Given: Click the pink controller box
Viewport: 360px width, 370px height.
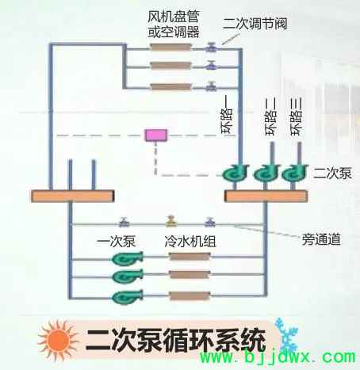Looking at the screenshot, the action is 156,135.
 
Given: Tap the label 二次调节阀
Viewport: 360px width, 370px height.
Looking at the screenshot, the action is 255,24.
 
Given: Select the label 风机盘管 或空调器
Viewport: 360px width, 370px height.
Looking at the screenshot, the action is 173,25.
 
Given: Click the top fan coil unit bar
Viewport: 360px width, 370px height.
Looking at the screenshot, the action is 170,48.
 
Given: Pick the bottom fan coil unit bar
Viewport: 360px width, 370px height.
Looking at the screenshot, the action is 170,87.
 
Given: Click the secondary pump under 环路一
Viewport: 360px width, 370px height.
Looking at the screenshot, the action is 236,173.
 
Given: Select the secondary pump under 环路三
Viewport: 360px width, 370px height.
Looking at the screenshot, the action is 295,173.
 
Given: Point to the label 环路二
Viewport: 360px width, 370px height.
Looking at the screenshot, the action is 271,116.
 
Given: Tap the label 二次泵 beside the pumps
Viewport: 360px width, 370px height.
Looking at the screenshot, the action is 332,174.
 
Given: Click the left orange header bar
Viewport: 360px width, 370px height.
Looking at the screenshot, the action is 73,196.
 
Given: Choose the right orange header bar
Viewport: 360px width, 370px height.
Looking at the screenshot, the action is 266,196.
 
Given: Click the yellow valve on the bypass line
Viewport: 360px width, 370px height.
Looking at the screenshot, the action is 171,221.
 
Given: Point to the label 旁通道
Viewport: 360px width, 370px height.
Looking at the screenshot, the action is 321,239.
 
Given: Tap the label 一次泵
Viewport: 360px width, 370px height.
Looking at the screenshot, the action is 117,242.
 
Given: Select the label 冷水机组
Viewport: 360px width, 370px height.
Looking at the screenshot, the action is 190,242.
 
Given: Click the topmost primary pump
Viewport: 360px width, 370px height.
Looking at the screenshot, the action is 128,258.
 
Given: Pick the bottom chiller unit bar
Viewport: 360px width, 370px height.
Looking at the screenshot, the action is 190,296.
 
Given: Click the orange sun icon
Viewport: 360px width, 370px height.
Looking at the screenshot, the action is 59,340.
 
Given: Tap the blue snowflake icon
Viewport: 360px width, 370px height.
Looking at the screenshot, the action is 286,334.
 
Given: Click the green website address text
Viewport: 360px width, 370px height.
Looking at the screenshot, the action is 278,357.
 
